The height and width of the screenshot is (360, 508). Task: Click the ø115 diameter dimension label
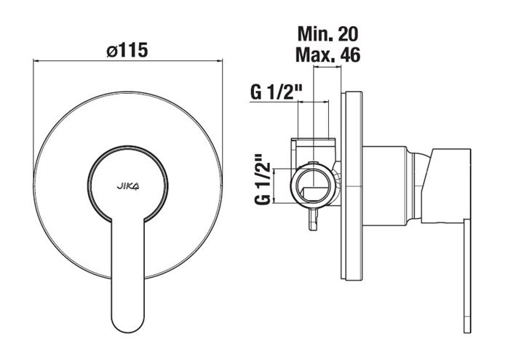click(x=127, y=49)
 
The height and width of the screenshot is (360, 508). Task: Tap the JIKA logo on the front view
click(x=128, y=186)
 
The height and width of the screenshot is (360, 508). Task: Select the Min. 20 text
click(x=328, y=33)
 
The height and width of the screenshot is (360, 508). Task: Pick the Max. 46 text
click(x=328, y=55)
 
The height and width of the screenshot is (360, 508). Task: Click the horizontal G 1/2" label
click(x=277, y=92)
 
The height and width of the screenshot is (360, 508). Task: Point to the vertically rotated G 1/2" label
click(x=263, y=179)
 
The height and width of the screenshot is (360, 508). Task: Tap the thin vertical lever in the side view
click(x=467, y=275)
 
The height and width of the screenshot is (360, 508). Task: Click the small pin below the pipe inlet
click(x=313, y=219)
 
